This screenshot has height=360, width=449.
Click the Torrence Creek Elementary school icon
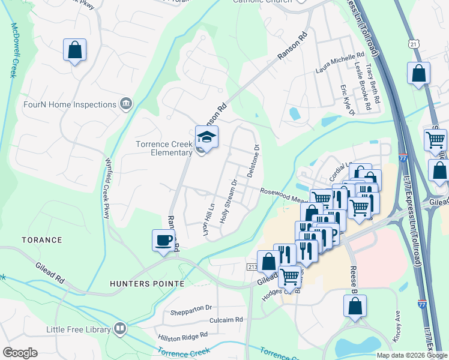[206, 137]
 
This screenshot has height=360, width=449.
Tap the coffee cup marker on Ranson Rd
[164, 241]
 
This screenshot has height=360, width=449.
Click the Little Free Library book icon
[120, 329]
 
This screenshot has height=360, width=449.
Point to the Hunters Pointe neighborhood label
[146, 283]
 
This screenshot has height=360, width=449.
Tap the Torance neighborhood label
[41, 240]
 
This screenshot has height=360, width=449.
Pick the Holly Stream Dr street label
[229, 201]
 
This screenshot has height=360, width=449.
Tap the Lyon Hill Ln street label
[208, 219]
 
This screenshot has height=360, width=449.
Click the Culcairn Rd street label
[226, 320]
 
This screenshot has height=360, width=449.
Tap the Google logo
[20, 353]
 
